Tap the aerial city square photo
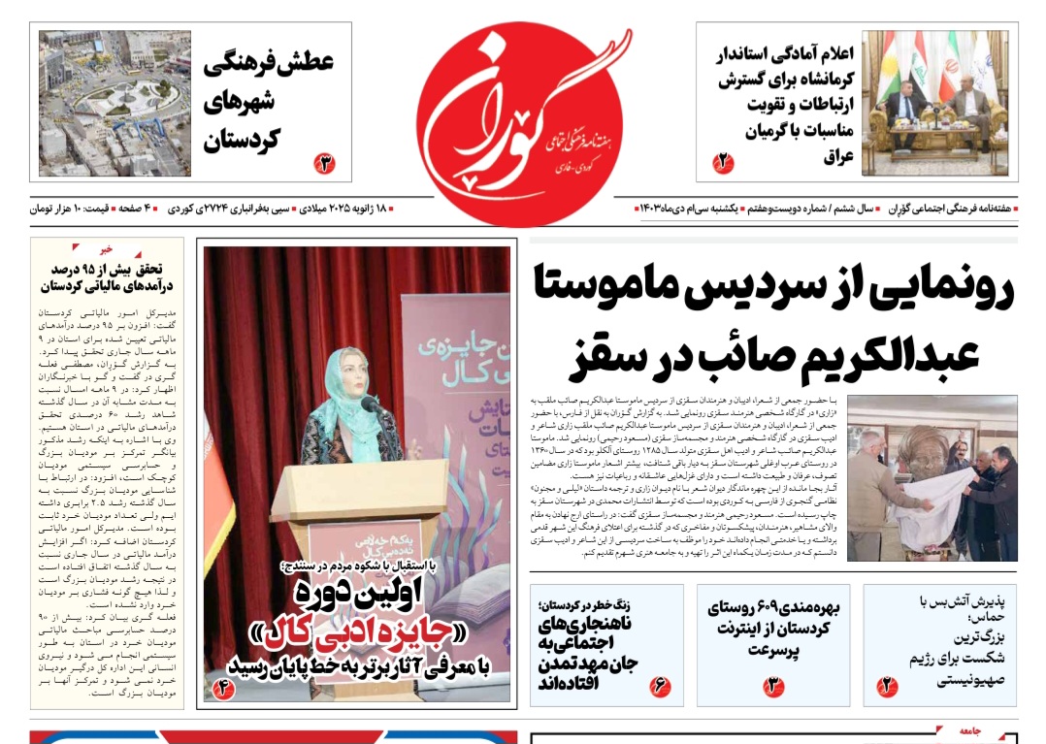[x=114, y=104]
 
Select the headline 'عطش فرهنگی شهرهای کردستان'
[x=268, y=102]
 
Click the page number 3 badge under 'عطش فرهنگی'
[x=324, y=163]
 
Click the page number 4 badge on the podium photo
[x=223, y=689]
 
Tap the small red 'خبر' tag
[x=106, y=249]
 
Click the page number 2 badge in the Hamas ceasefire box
[x=887, y=687]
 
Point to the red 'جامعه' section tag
[x=969, y=732]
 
